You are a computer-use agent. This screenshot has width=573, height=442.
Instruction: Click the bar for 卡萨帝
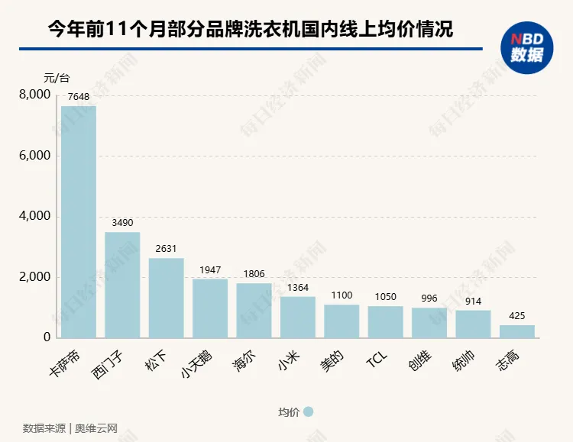pos(79,221)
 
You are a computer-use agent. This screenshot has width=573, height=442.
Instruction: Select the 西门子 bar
pos(122,285)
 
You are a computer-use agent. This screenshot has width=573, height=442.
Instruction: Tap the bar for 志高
pos(517,331)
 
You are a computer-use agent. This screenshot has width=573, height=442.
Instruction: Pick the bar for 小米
pos(298,317)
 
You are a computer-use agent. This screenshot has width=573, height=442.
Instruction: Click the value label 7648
pos(79,97)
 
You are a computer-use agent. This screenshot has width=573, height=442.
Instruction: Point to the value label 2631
pos(166,249)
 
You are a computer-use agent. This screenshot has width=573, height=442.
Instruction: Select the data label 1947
pos(210,269)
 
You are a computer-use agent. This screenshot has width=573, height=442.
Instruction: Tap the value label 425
pos(517,315)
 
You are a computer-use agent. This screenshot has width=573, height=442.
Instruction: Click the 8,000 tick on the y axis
pos(34,95)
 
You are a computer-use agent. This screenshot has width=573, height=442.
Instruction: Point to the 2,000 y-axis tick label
pos(34,277)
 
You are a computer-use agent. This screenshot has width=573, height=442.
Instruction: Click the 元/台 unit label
pos(57,78)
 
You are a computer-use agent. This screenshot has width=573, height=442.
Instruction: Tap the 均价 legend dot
pos(309,412)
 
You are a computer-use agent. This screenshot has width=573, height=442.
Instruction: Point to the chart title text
pos(250,29)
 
